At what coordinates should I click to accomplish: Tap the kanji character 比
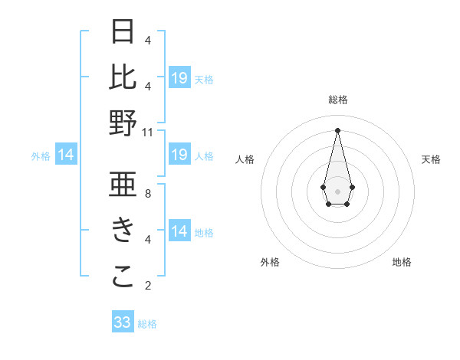pyautogui.click(x=123, y=77)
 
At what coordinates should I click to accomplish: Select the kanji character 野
pyautogui.click(x=123, y=123)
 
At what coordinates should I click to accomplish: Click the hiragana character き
pyautogui.click(x=123, y=231)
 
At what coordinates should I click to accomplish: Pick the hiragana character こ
pyautogui.click(x=123, y=277)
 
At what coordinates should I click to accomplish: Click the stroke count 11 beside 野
pyautogui.click(x=148, y=132)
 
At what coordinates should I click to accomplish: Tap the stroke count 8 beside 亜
pyautogui.click(x=148, y=193)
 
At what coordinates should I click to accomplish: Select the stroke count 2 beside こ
pyautogui.click(x=148, y=286)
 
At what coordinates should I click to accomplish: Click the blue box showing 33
pyautogui.click(x=123, y=322)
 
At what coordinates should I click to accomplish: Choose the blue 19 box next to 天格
pyautogui.click(x=179, y=78)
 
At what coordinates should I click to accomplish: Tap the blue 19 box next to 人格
pyautogui.click(x=179, y=155)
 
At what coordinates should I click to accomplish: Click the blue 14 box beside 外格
pyautogui.click(x=66, y=155)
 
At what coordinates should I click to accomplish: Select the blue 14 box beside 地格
pyautogui.click(x=179, y=232)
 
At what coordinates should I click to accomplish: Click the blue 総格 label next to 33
pyautogui.click(x=147, y=324)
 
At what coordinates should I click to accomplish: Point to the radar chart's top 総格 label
pyautogui.click(x=338, y=100)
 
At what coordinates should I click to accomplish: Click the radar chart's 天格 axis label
pyautogui.click(x=432, y=159)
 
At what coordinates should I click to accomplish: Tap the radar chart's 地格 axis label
pyautogui.click(x=402, y=262)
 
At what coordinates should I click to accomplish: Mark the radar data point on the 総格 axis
pyautogui.click(x=337, y=130)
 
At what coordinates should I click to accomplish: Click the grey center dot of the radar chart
pyautogui.click(x=337, y=191)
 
